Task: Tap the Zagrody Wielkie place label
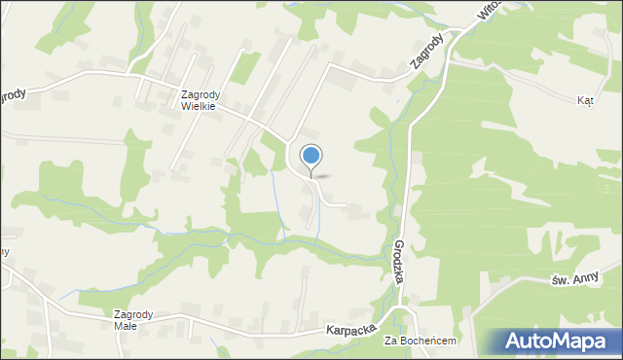pyautogui.click(x=202, y=101)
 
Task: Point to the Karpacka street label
pyautogui.click(x=351, y=330)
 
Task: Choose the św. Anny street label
pyautogui.click(x=573, y=280)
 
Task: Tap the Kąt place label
pyautogui.click(x=585, y=100)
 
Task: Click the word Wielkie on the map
pyautogui.click(x=202, y=107)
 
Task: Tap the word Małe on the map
pyautogui.click(x=126, y=326)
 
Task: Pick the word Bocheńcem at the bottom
pyautogui.click(x=428, y=342)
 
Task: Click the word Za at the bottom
pyautogui.click(x=391, y=342)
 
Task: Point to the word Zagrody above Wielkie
pyautogui.click(x=202, y=94)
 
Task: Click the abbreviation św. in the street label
pyautogui.click(x=559, y=282)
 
